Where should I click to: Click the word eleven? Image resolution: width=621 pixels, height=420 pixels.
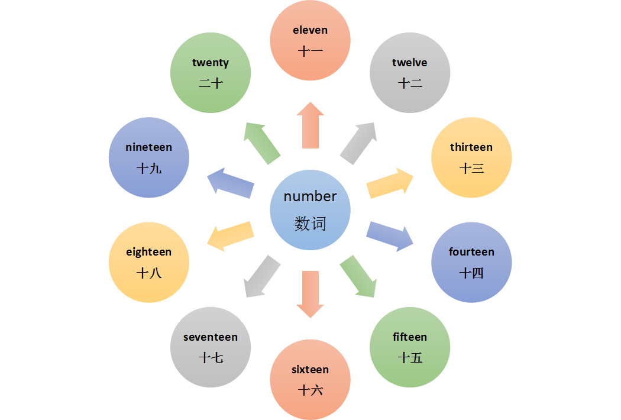tap(310, 30)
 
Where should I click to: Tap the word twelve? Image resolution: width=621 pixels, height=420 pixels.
tap(409, 63)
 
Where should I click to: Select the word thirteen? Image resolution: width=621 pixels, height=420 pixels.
tap(471, 147)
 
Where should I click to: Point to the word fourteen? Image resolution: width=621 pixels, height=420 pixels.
tap(471, 251)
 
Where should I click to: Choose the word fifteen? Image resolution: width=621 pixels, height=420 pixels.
tap(409, 337)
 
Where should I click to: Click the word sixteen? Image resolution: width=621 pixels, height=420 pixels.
tap(310, 370)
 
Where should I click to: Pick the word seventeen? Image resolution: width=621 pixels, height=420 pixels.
tap(211, 337)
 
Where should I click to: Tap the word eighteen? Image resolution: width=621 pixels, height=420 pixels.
tap(148, 253)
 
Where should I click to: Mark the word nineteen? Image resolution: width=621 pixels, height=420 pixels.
tap(148, 147)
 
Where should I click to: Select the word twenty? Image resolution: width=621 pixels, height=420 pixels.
tap(211, 63)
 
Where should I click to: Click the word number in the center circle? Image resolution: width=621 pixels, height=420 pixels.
tap(310, 196)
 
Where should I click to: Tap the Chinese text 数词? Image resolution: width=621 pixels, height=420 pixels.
tap(310, 224)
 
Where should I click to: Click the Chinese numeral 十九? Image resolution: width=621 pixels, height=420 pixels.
tap(148, 169)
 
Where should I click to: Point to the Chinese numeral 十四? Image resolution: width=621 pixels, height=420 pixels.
tap(471, 273)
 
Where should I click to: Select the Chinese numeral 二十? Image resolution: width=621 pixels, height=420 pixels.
tap(211, 83)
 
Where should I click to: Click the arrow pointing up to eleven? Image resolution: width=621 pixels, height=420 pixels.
tap(310, 125)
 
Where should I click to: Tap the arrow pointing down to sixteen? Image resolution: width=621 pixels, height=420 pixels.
tap(310, 295)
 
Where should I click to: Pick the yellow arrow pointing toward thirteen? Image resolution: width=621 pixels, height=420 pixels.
tap(390, 183)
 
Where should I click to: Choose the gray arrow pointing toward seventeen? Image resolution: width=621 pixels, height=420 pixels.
tap(262, 277)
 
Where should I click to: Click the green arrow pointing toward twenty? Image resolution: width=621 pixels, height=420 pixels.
tap(262, 143)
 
